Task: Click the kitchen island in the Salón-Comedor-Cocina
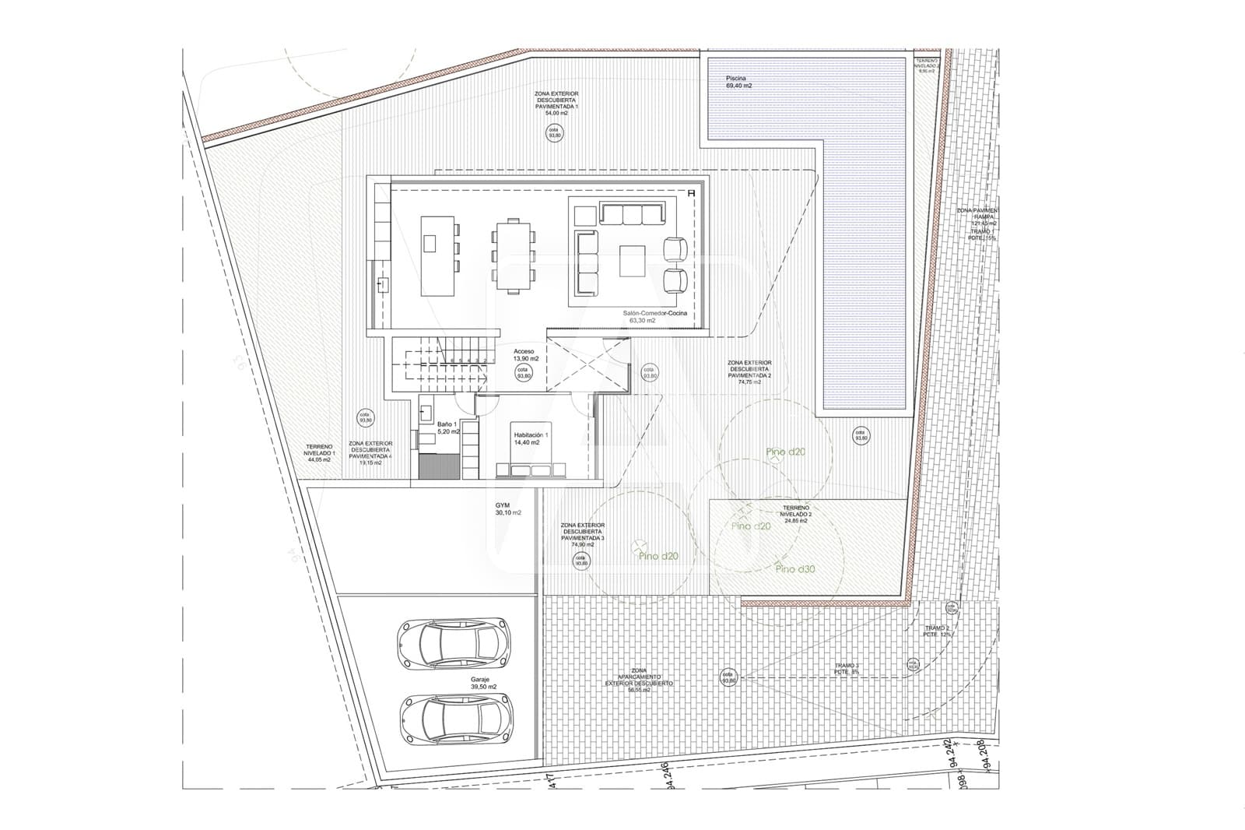(x=430, y=255)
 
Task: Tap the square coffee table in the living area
(x=632, y=262)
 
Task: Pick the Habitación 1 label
(x=531, y=438)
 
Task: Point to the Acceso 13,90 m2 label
(x=523, y=354)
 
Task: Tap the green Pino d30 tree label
(x=796, y=569)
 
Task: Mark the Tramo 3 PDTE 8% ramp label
(x=847, y=668)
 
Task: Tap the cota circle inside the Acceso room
(x=524, y=373)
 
